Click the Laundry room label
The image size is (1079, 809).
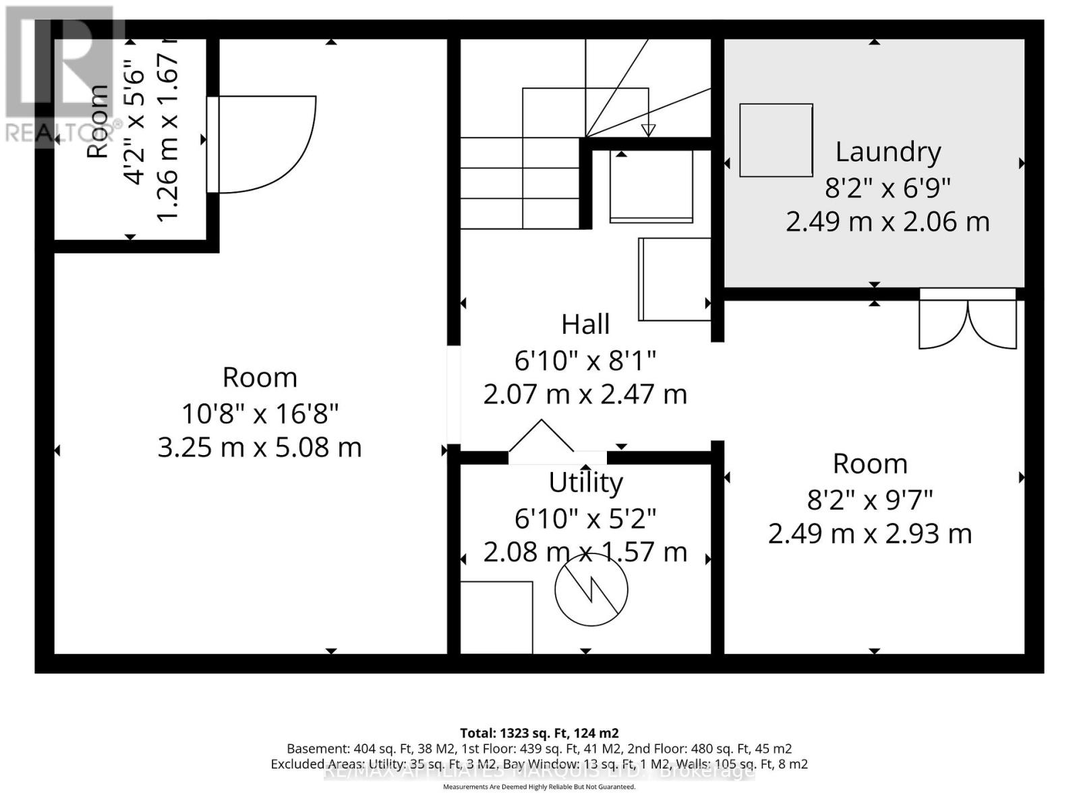click(x=887, y=152)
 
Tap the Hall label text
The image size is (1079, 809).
click(x=585, y=324)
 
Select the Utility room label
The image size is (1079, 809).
click(x=585, y=483)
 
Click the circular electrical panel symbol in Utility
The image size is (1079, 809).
click(x=591, y=589)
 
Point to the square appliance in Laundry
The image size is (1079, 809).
click(x=776, y=140)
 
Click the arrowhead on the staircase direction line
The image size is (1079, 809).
click(x=648, y=130)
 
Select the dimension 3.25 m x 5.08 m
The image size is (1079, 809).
click(x=260, y=448)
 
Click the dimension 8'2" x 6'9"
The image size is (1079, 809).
click(x=887, y=187)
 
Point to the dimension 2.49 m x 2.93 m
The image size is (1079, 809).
click(x=870, y=534)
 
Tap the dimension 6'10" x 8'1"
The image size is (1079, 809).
click(x=585, y=361)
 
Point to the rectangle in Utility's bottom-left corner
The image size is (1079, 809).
click(x=496, y=617)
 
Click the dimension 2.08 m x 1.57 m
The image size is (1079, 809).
click(x=585, y=552)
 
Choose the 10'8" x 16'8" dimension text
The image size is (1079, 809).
click(x=260, y=413)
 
